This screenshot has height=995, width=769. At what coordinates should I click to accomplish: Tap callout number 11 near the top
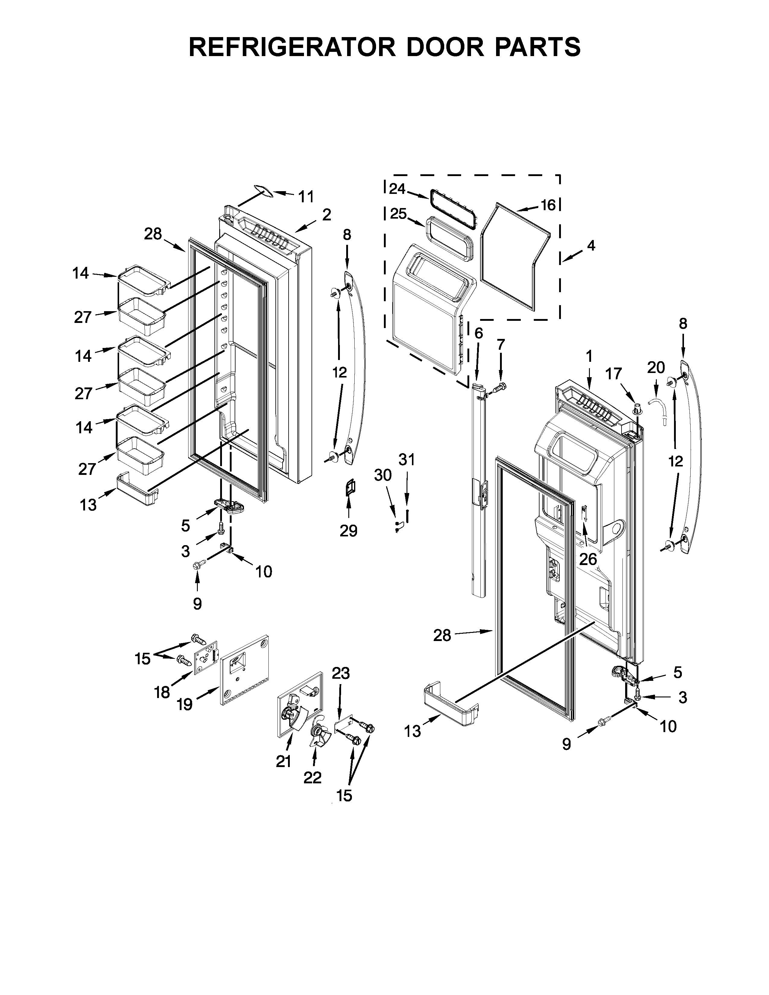[306, 197]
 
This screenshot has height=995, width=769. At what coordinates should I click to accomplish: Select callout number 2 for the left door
[327, 215]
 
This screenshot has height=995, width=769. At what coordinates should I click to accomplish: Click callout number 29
[349, 530]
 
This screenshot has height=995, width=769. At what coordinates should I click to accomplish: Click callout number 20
[656, 367]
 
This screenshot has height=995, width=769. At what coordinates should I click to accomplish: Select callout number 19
[185, 705]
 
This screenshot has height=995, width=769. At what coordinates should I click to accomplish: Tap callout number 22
[312, 777]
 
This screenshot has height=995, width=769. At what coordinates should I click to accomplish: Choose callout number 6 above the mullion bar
[478, 333]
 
